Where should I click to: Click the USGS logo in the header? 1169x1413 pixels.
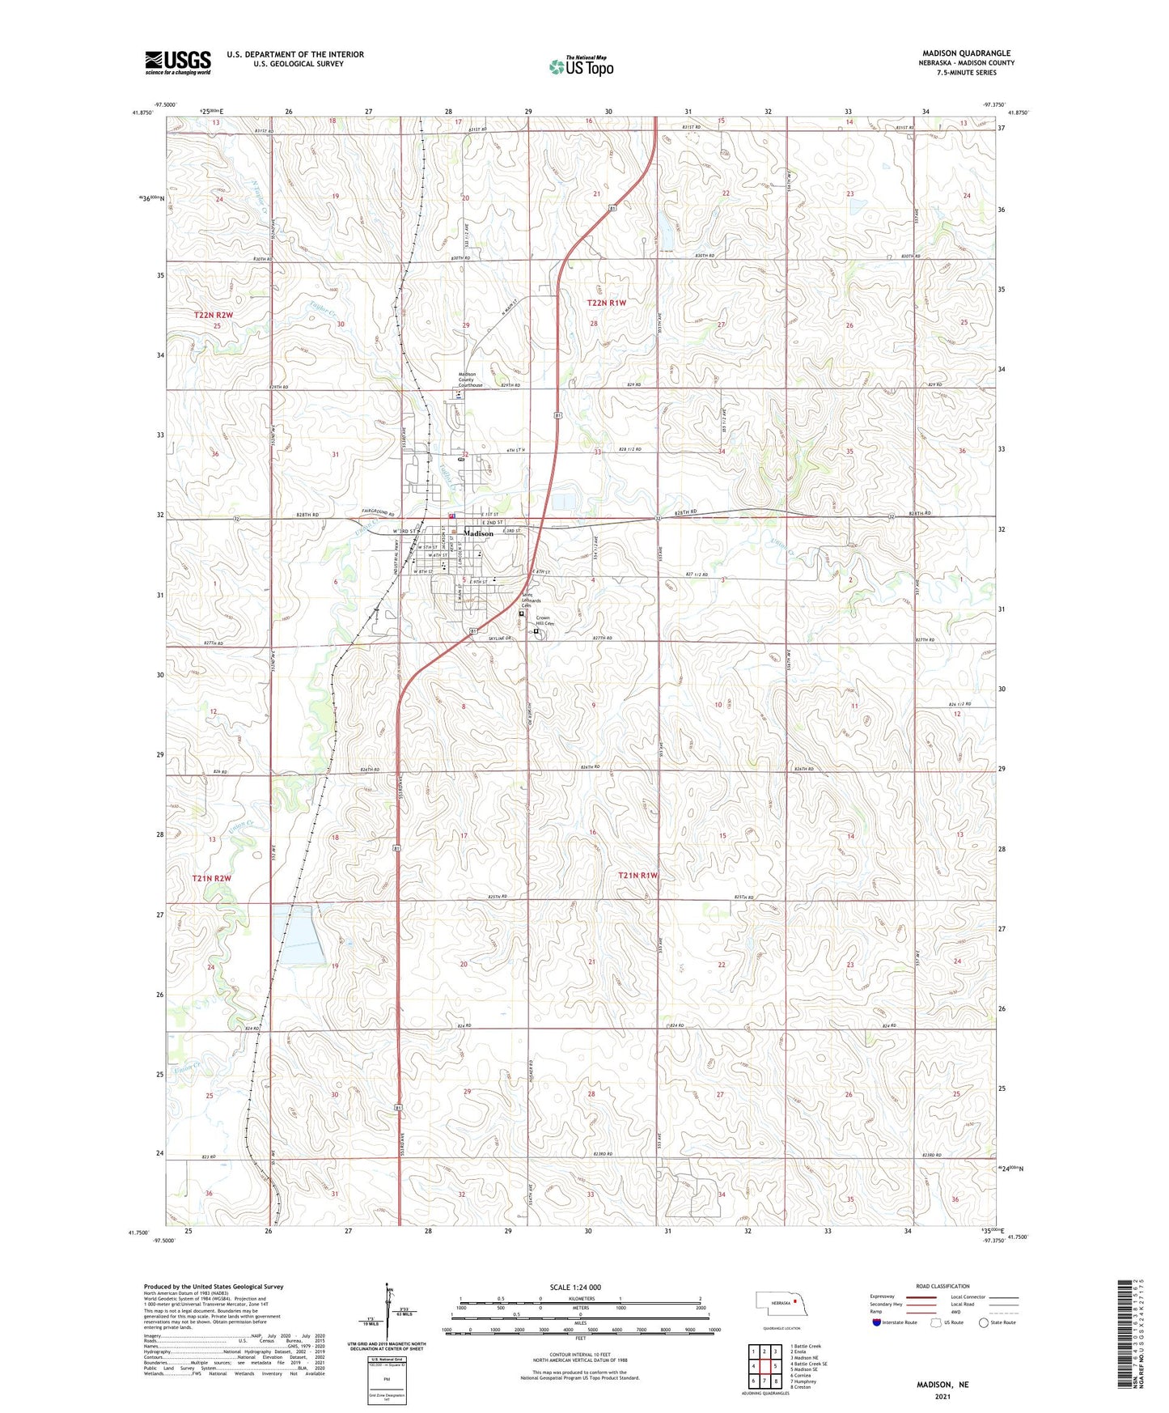coord(178,62)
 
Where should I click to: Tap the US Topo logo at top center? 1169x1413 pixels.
coord(580,66)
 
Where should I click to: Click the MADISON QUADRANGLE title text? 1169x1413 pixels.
coord(966,53)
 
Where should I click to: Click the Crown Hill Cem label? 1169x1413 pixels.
coord(544,621)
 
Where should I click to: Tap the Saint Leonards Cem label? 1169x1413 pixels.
coord(531,600)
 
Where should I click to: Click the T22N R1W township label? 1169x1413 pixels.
coord(607,303)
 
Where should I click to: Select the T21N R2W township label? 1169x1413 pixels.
coord(212,878)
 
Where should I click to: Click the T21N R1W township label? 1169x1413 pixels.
coord(638,876)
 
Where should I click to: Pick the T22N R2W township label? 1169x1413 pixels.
coord(214,314)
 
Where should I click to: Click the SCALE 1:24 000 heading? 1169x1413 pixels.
coord(575,1288)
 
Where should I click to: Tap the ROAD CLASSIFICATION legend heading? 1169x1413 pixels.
coord(942,1286)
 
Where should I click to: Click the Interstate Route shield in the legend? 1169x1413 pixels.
coord(877,1322)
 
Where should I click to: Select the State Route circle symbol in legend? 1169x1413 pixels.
coord(984,1322)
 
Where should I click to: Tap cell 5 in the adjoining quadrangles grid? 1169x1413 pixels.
coord(775,1366)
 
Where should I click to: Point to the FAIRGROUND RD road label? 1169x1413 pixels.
coord(378,515)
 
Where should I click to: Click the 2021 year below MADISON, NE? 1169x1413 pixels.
coord(942,1396)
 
